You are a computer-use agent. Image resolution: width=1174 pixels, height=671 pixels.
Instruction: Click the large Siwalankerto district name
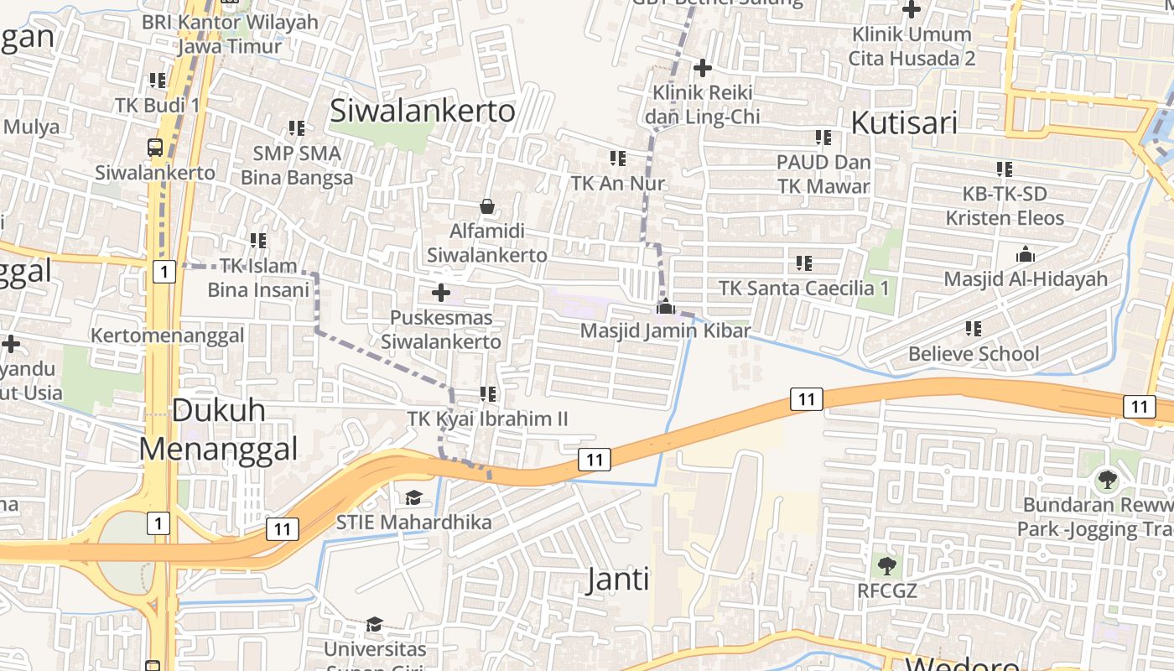click(x=423, y=111)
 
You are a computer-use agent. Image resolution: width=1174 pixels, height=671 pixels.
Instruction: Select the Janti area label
click(x=618, y=579)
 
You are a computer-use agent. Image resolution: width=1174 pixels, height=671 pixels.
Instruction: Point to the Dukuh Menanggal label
click(x=218, y=429)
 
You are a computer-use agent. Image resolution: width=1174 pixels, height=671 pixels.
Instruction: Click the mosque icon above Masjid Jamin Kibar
click(x=666, y=306)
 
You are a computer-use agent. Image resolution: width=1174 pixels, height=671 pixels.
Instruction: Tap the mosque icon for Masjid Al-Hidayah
click(x=1025, y=254)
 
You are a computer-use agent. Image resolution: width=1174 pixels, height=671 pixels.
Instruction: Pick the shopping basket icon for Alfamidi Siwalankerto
click(x=487, y=206)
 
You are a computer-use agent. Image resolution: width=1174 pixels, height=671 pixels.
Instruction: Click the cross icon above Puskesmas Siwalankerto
click(x=440, y=293)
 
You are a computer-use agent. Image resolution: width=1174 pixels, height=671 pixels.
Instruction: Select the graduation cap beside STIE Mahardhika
click(x=413, y=498)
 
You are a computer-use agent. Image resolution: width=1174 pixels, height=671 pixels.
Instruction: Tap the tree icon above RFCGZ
click(x=886, y=565)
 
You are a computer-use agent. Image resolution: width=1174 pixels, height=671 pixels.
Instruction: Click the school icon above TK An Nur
click(x=618, y=158)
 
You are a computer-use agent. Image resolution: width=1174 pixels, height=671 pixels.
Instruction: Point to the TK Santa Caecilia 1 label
click(x=803, y=289)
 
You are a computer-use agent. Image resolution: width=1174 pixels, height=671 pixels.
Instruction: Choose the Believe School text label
click(x=974, y=354)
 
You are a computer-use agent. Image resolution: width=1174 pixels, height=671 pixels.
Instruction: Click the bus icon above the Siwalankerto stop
click(x=155, y=148)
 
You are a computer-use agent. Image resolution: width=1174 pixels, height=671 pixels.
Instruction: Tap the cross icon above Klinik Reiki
click(x=703, y=68)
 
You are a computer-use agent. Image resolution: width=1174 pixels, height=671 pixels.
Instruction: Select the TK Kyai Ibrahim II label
click(x=487, y=419)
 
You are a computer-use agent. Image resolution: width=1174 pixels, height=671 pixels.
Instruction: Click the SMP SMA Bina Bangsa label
click(x=297, y=165)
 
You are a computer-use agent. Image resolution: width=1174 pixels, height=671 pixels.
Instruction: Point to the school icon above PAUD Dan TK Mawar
click(x=823, y=137)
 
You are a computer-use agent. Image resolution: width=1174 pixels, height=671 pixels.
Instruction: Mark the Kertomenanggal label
click(x=168, y=336)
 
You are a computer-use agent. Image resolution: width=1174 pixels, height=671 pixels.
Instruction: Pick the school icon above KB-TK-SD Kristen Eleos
click(x=1005, y=169)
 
